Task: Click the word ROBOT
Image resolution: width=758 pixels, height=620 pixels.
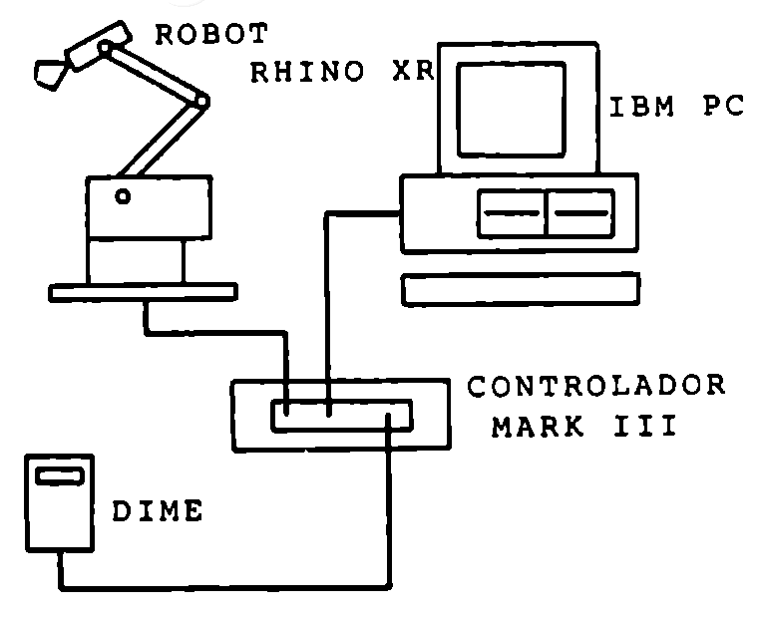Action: tap(211, 36)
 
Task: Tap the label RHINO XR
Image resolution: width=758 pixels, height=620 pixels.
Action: tap(331, 75)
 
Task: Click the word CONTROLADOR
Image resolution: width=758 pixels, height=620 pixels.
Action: tap(597, 387)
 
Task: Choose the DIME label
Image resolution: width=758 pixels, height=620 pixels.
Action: tap(156, 512)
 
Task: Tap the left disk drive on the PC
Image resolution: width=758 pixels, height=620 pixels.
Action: tap(512, 212)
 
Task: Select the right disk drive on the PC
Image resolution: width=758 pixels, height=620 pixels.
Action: tap(581, 212)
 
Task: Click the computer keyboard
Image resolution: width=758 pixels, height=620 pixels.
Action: tap(521, 290)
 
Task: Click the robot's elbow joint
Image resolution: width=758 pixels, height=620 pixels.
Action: tap(202, 101)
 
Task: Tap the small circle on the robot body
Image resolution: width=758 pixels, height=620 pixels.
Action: tap(122, 196)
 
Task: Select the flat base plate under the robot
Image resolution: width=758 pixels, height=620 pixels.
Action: tap(144, 291)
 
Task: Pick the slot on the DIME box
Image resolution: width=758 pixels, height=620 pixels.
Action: tap(59, 475)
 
